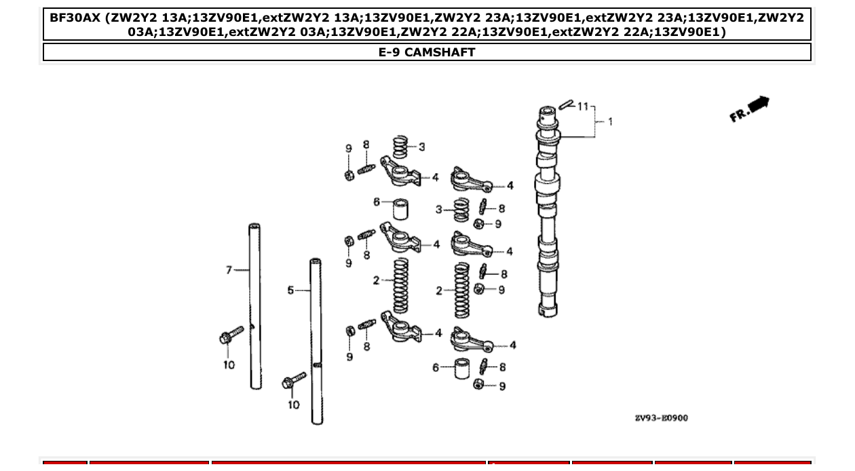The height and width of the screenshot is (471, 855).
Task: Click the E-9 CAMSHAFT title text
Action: pos(427,52)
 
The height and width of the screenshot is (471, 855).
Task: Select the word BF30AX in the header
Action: pos(75,17)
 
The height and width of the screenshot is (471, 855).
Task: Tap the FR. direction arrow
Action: pos(750,109)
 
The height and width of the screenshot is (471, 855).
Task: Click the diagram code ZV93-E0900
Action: pos(661,418)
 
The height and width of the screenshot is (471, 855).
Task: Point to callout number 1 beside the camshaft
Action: pos(610,121)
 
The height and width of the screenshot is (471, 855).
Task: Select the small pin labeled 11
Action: pos(567,104)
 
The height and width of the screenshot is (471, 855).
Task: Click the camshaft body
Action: pos(548,217)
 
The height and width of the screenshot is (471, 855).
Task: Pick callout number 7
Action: pos(229,270)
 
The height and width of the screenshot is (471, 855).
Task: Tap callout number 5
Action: pos(290,290)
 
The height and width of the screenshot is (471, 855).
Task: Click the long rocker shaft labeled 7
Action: pos(254,305)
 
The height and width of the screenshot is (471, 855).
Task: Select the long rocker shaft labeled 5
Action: pos(316,339)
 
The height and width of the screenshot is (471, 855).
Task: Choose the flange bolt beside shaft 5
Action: pos(294,381)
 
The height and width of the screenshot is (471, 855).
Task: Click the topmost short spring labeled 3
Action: pos(402,147)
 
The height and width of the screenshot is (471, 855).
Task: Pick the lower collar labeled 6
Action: pos(463,368)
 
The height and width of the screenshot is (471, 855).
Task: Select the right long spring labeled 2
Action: pos(462,290)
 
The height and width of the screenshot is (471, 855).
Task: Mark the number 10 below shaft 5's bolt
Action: pos(293,405)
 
